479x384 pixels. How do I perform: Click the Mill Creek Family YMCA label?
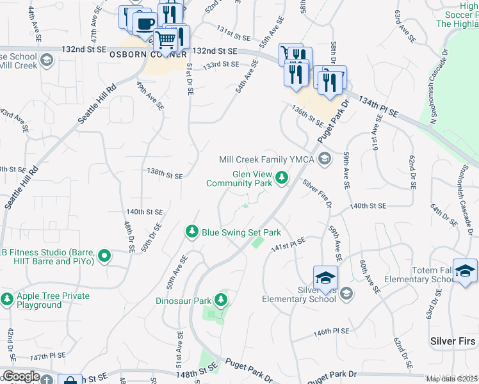[x=268, y=159]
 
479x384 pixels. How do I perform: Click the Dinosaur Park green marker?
[x=221, y=299]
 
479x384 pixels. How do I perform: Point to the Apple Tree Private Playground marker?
[x=7, y=299]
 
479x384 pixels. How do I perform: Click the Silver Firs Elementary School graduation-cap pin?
[x=325, y=276]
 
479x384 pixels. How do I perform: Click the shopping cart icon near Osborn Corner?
[x=166, y=40]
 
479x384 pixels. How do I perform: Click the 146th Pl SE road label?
[x=331, y=332]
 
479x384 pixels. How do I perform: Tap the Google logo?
[x=20, y=376]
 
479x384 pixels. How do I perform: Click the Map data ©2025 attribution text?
[x=451, y=379]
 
